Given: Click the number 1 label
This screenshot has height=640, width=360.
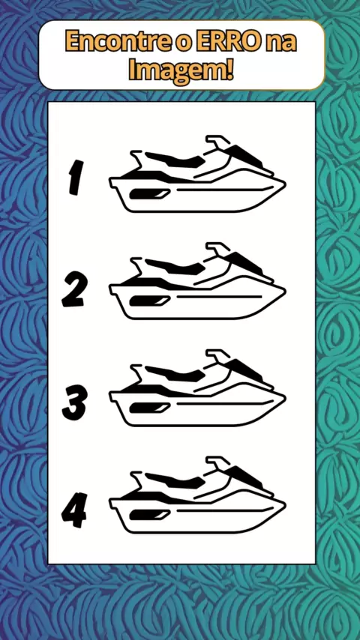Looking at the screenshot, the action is pyautogui.click(x=76, y=177).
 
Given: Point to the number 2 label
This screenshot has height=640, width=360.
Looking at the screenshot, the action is pyautogui.click(x=73, y=291).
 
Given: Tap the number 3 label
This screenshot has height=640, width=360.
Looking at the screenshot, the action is pyautogui.click(x=74, y=403).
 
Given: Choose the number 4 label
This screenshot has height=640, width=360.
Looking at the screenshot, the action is pyautogui.click(x=74, y=510).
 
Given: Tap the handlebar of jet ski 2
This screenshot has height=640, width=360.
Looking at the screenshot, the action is pyautogui.click(x=217, y=250).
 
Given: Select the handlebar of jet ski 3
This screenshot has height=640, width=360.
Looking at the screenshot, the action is pyautogui.click(x=217, y=357).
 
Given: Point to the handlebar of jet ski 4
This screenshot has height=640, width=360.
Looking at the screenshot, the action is pyautogui.click(x=217, y=464).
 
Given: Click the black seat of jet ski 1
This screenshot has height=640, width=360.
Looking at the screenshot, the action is pyautogui.click(x=174, y=158).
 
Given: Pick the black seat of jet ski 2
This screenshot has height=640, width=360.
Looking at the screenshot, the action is pyautogui.click(x=174, y=265).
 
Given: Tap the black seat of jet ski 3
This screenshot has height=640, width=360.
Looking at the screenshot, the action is pyautogui.click(x=174, y=372).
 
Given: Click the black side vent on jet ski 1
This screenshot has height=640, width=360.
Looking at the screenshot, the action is pyautogui.click(x=149, y=194).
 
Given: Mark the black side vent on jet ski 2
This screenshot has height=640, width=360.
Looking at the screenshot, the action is pyautogui.click(x=149, y=301).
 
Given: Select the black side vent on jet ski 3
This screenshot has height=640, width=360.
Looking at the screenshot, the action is pyautogui.click(x=149, y=408).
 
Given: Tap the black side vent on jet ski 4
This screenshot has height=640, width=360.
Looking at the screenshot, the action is pyautogui.click(x=149, y=515).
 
